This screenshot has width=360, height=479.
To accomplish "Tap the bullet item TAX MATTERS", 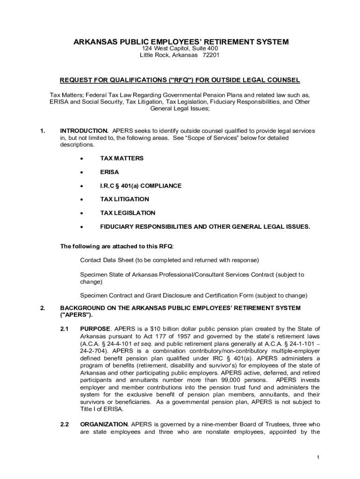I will click(122, 158).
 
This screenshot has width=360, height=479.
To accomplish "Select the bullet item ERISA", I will click(109, 172).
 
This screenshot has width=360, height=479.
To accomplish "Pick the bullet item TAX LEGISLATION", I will click(128, 213).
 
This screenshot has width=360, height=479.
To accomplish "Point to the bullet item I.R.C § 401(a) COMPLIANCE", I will click(141, 186).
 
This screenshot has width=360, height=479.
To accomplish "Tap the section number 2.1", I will click(65, 329).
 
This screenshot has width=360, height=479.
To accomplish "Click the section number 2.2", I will click(65, 425).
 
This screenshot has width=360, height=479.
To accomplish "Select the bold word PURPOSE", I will click(95, 329).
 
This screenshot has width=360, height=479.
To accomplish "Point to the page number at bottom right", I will click(317, 457).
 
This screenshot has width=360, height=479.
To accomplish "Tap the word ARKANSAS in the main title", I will click(96, 42).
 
